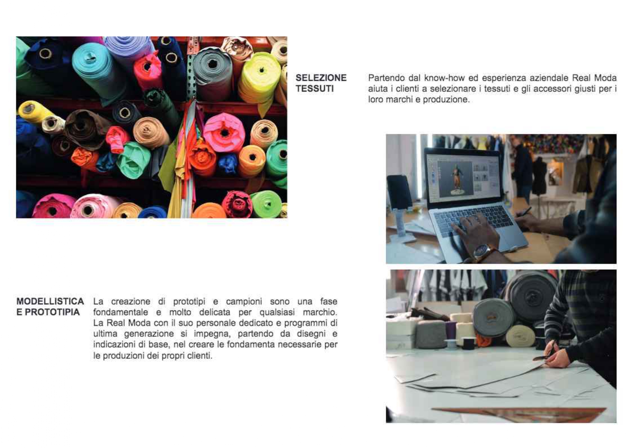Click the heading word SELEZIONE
coord(321,78)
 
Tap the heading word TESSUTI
coord(315,88)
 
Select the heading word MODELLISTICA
coord(50,301)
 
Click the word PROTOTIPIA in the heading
coord(52,312)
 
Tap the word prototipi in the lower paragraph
coord(189,301)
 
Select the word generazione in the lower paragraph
coord(149,334)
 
